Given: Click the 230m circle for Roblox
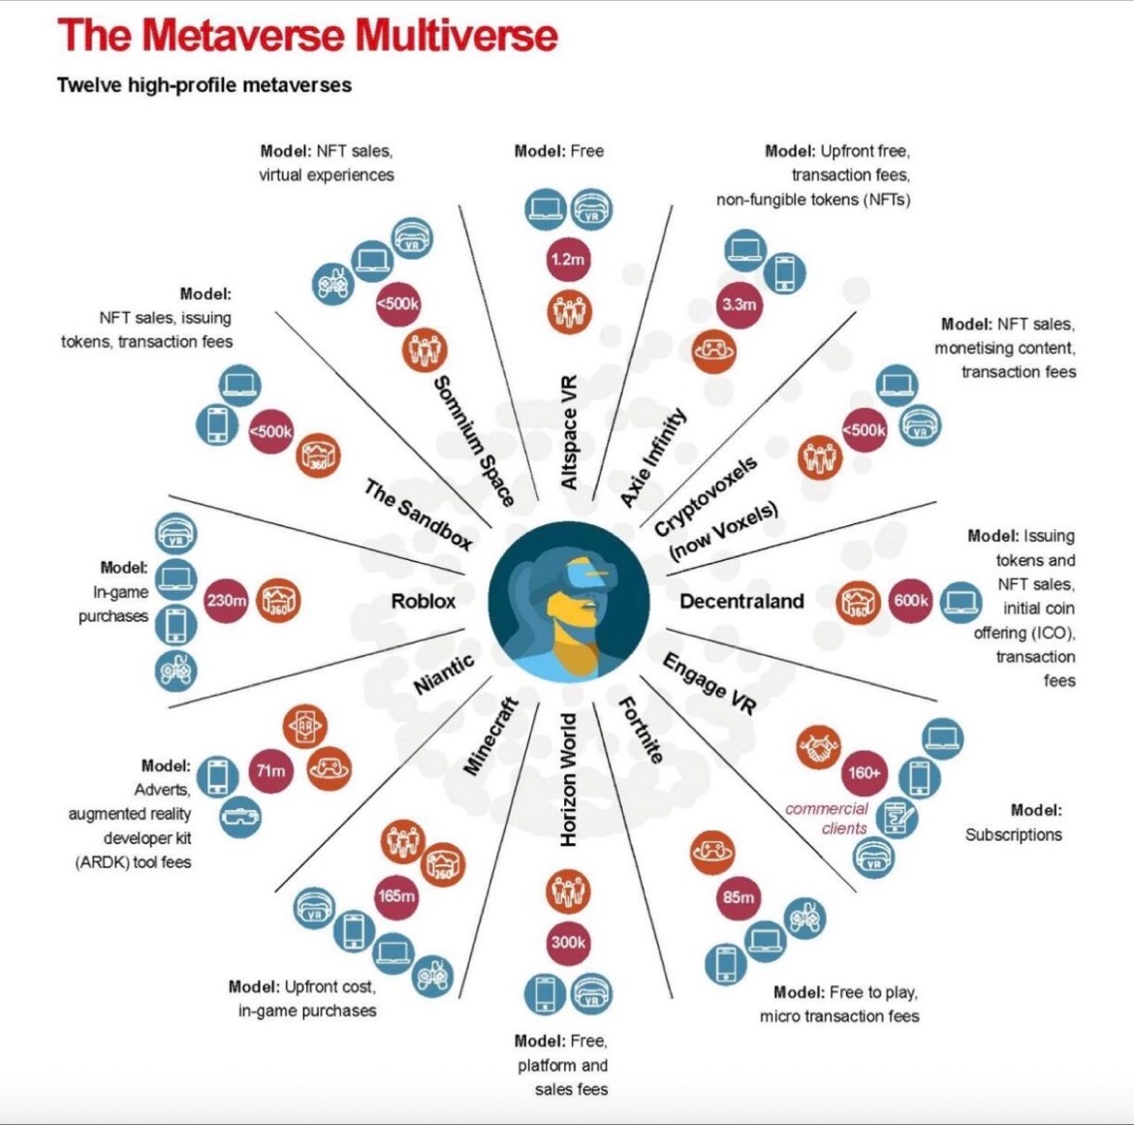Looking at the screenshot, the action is [x=226, y=601].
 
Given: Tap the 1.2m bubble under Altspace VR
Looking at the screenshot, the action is [x=567, y=260].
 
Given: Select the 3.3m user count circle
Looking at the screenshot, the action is [x=739, y=304].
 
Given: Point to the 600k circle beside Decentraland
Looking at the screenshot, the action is [x=911, y=601].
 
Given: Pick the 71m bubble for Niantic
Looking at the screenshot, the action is [x=270, y=771].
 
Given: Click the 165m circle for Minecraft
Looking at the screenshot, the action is [x=396, y=896].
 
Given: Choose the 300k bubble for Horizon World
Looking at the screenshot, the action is [x=568, y=942].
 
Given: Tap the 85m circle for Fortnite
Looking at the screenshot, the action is [x=738, y=898].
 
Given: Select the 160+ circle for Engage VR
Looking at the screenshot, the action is [x=864, y=772].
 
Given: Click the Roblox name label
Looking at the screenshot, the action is [x=423, y=602].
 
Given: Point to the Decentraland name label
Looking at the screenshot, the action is [x=741, y=602].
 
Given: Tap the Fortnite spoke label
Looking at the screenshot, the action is [x=641, y=730].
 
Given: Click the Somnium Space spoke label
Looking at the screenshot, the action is [x=473, y=441].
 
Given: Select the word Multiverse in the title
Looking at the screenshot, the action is [x=456, y=36].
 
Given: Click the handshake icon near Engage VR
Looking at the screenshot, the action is [x=819, y=746].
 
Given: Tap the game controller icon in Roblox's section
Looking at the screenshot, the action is [x=176, y=670].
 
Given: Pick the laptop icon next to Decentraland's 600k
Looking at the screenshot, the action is [x=960, y=601].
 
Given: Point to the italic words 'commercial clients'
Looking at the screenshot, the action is [x=827, y=819].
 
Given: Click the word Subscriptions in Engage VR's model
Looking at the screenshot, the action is [x=1013, y=834].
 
